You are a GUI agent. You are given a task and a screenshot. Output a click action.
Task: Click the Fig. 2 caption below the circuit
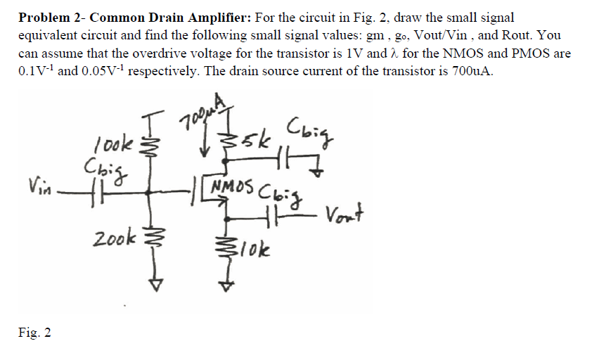click(36, 331)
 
